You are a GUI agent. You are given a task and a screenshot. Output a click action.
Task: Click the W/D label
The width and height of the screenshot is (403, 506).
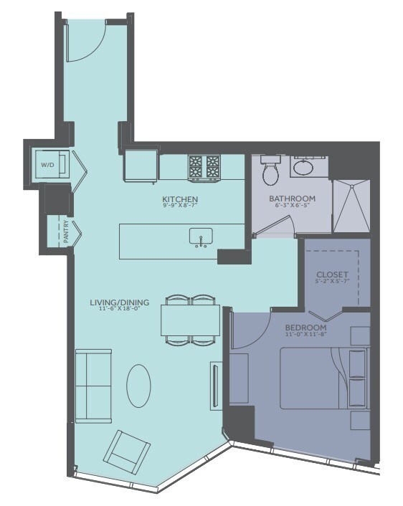[47, 165]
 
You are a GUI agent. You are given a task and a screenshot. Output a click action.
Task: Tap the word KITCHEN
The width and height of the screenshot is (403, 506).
[180, 199]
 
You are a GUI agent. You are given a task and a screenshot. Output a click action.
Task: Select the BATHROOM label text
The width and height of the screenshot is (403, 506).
[292, 199]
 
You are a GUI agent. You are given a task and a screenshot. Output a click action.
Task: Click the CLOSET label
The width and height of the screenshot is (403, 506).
[332, 275]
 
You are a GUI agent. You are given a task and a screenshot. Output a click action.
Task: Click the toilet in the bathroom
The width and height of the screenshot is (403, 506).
[270, 172]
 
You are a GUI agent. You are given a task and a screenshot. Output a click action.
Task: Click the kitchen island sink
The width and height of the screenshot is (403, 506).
[200, 236]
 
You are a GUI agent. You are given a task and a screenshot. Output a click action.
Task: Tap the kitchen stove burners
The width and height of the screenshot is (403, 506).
[204, 167]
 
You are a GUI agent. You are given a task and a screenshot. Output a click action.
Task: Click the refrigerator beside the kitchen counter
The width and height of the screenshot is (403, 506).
[141, 166]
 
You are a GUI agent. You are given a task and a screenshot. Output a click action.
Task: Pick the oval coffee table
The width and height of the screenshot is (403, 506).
[138, 386]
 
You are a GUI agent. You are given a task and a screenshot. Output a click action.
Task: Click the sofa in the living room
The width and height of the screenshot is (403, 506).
[93, 386]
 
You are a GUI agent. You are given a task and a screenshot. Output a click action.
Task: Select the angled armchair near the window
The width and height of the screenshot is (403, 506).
[127, 449]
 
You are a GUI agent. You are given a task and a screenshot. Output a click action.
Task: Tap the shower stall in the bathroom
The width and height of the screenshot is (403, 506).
[351, 205]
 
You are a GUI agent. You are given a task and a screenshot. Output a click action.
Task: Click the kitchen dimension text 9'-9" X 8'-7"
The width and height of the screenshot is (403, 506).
[180, 208]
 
